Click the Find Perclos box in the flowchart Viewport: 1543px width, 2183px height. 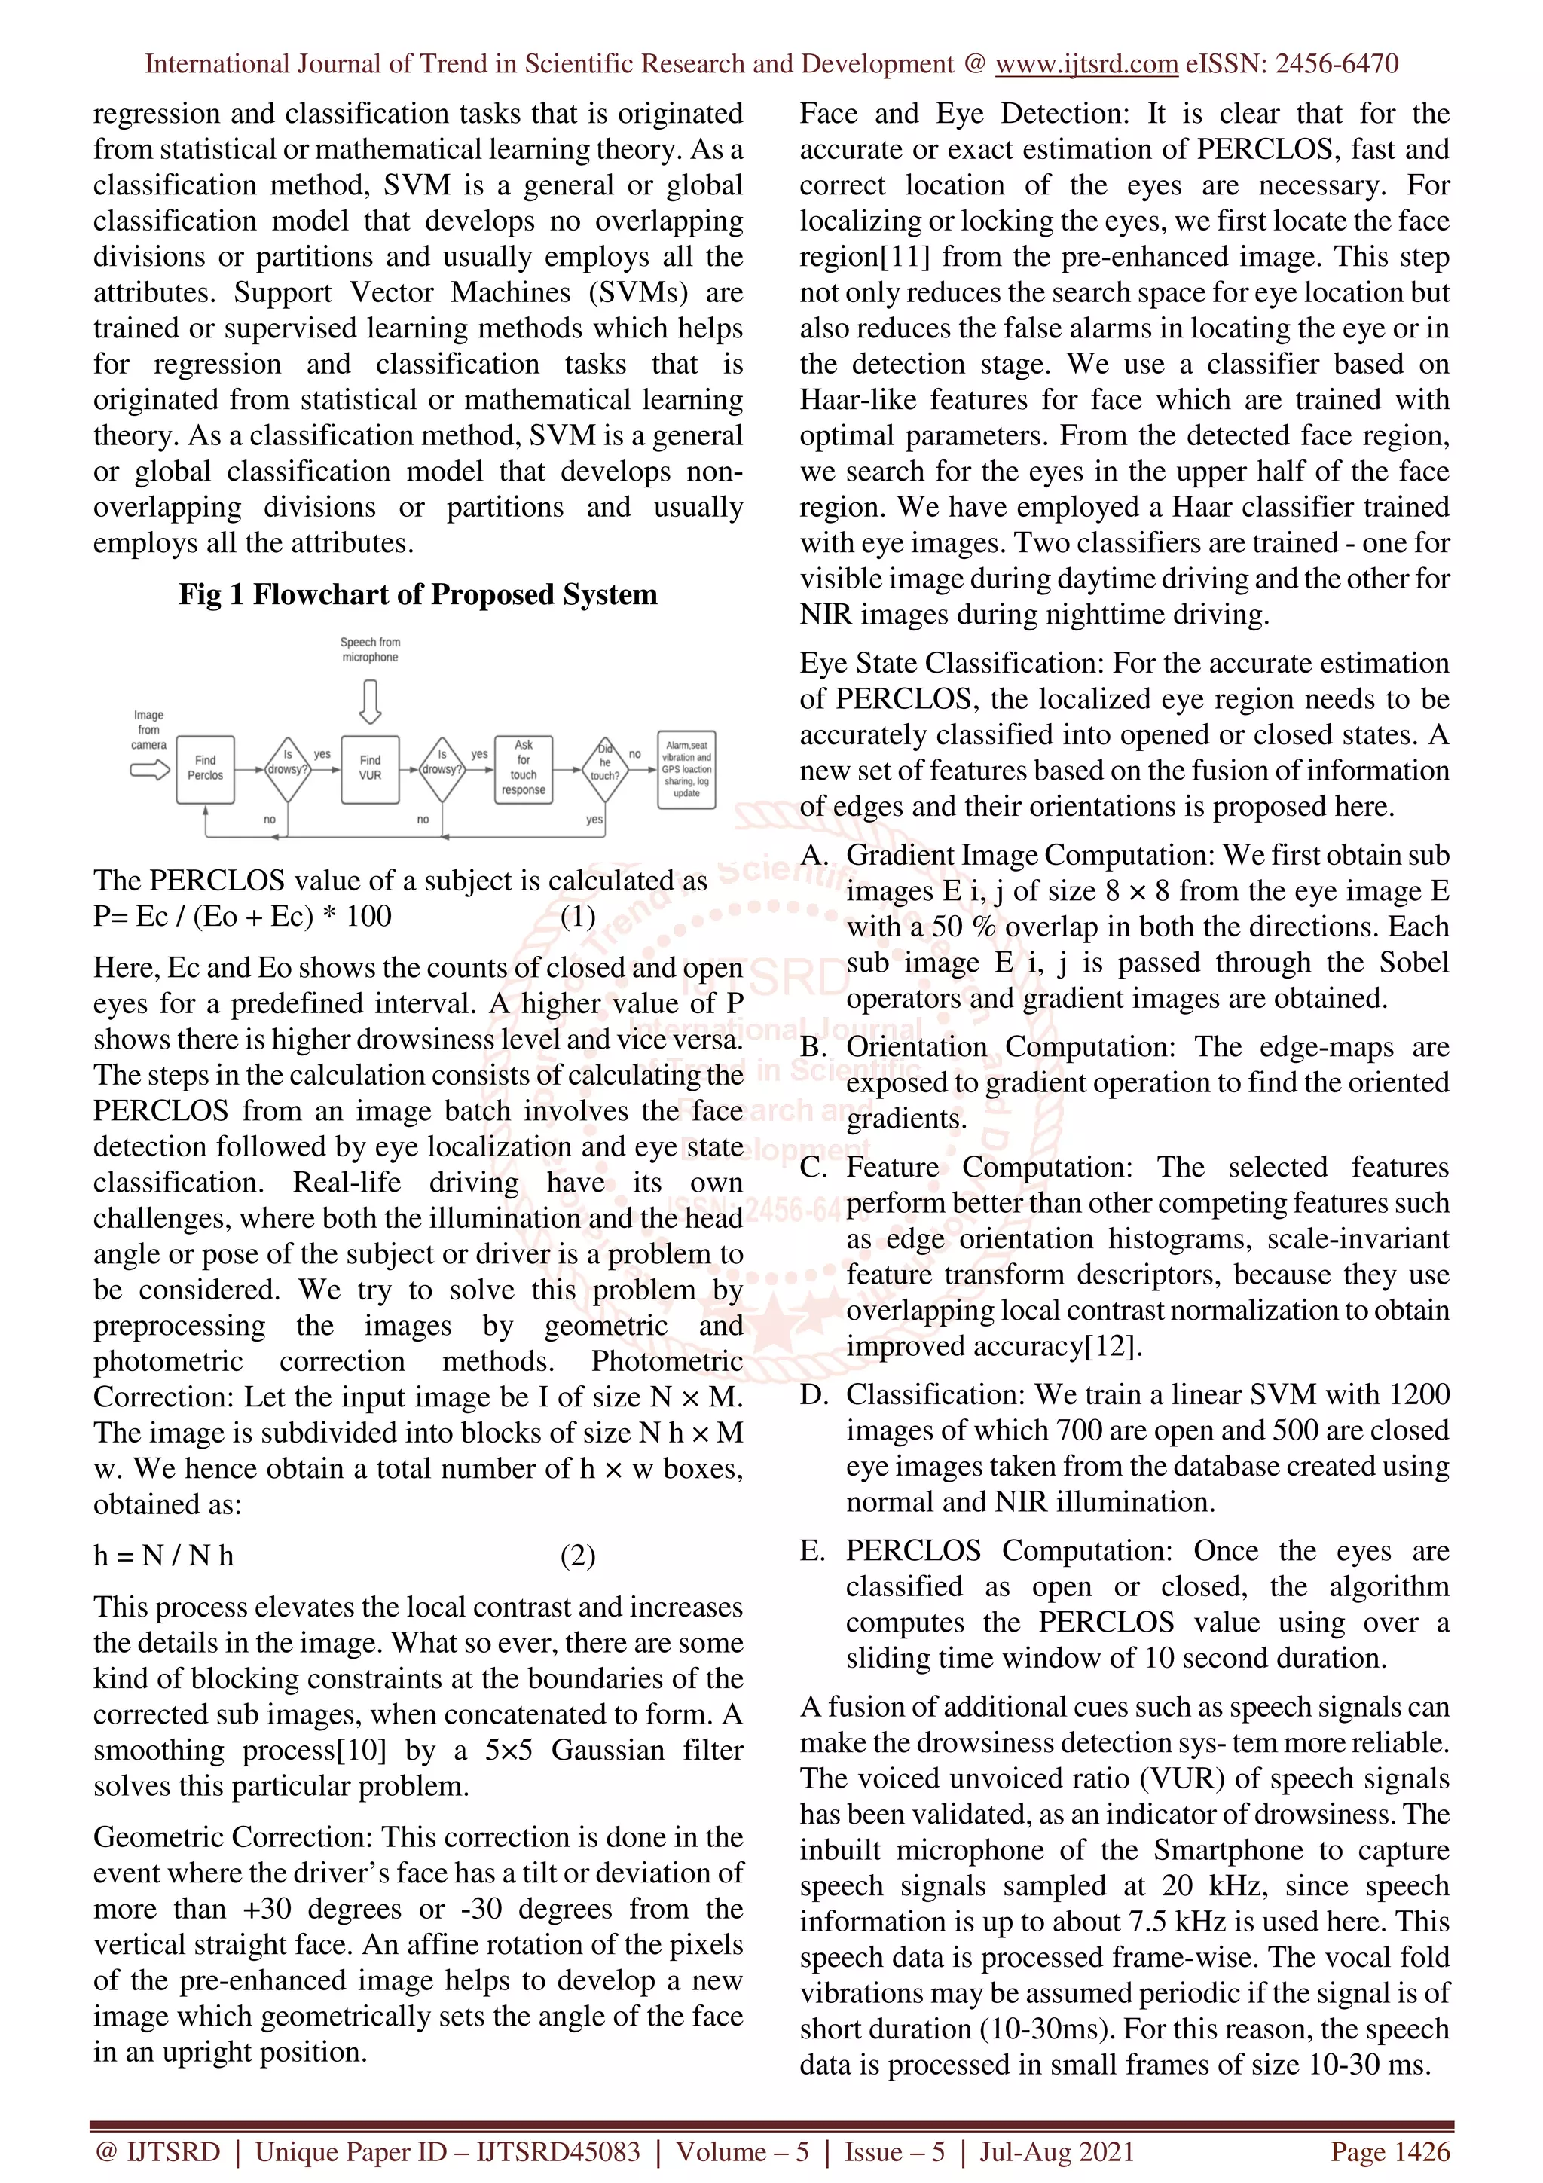tap(206, 768)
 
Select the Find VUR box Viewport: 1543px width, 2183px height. tap(370, 768)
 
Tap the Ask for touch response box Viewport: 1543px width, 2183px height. tap(523, 768)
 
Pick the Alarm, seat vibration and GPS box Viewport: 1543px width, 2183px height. tap(686, 769)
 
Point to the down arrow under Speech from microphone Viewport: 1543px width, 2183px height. tap(370, 701)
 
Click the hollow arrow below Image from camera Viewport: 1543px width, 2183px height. tap(149, 769)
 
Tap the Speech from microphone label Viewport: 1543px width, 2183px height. tap(370, 649)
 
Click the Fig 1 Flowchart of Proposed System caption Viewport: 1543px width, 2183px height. tap(417, 594)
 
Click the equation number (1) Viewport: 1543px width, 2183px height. tap(577, 917)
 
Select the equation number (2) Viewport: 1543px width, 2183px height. tap(577, 1556)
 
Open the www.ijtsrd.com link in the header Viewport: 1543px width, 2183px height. tap(1086, 64)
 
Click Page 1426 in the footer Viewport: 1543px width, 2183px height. tap(1390, 2151)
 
